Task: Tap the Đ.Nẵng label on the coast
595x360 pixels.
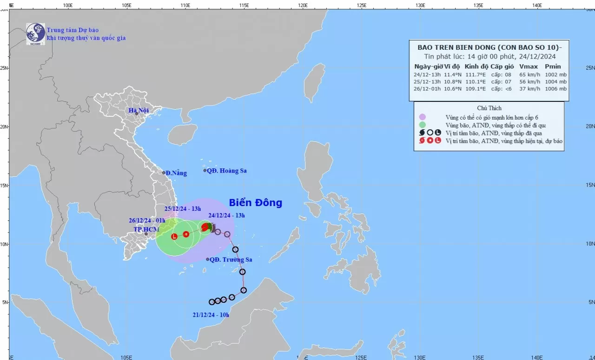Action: click(176, 173)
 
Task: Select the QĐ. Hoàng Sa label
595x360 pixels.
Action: click(227, 171)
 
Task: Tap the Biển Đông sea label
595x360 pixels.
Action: click(255, 203)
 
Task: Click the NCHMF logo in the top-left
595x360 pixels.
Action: click(35, 33)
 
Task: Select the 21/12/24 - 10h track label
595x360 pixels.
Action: click(211, 315)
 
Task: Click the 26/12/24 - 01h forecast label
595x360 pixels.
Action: click(148, 221)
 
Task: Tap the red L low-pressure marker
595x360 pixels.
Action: click(174, 237)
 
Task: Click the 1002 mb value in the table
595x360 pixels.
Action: click(556, 74)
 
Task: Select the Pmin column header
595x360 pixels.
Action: click(553, 67)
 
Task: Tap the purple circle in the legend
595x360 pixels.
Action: click(422, 117)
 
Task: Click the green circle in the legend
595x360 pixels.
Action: click(422, 125)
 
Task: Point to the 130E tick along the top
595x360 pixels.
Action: click(420, 5)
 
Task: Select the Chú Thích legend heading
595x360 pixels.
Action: click(489, 108)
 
